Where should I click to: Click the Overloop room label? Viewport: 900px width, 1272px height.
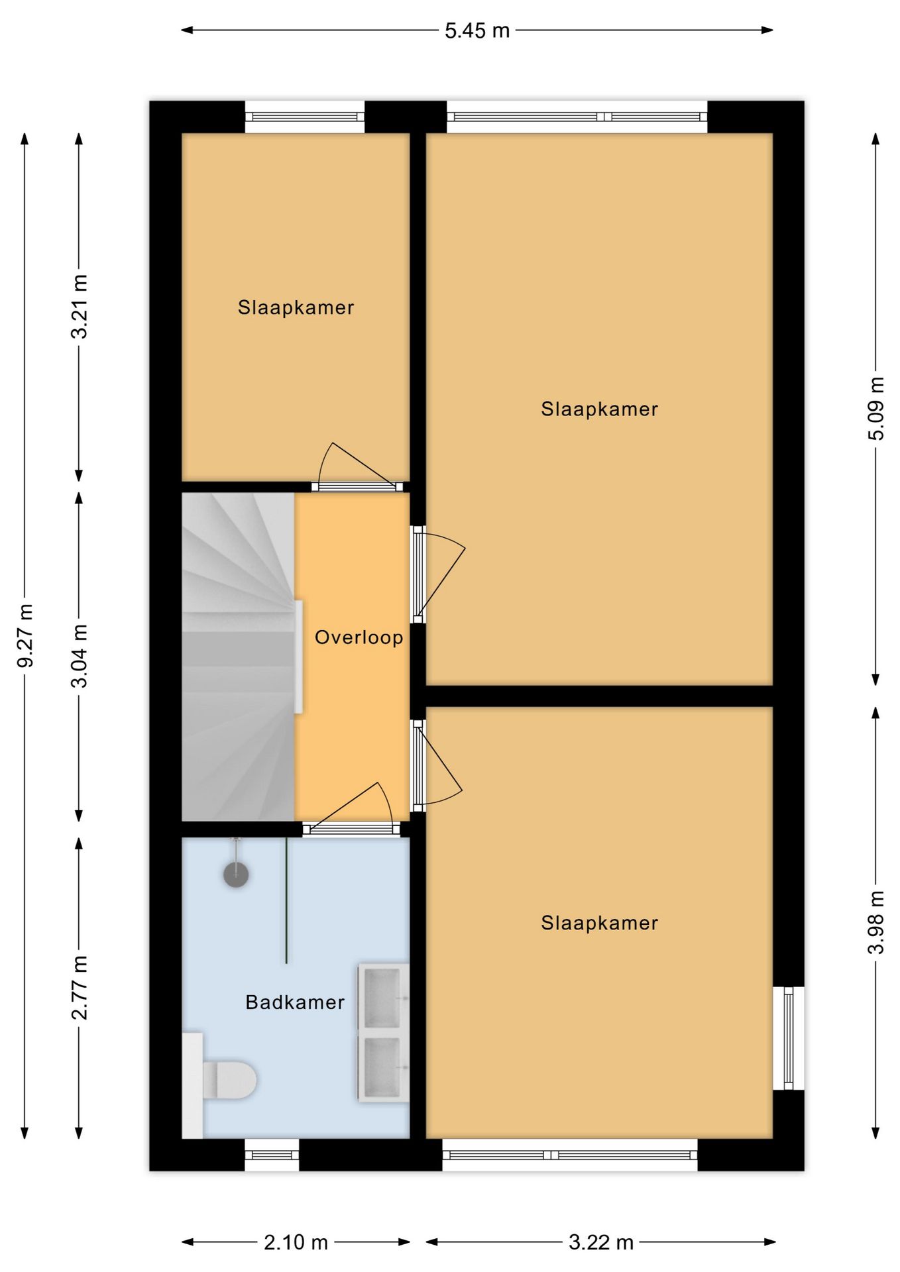coord(359,637)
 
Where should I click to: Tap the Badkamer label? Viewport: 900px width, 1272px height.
coord(295,1002)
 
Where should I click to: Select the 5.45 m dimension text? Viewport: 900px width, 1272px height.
coord(477,30)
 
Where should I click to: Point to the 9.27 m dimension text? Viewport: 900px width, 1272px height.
coord(25,636)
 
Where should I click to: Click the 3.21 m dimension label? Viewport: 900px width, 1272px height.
coord(79,307)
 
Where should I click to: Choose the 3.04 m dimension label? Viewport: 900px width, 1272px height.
coord(79,656)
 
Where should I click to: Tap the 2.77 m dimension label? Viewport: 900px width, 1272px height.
coord(79,988)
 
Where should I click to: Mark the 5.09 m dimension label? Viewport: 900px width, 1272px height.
coord(875,408)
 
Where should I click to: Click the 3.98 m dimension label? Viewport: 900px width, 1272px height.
coord(875,922)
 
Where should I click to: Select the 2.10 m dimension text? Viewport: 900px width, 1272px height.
coord(296,1242)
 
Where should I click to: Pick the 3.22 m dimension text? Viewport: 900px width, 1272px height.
coord(601,1242)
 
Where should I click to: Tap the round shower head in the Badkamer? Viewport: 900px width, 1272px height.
coord(236,874)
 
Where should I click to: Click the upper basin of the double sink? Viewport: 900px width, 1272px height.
coord(383,998)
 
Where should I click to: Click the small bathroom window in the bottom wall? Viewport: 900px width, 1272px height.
coord(272,1155)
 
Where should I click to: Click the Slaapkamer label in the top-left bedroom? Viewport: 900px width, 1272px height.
coord(296,307)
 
